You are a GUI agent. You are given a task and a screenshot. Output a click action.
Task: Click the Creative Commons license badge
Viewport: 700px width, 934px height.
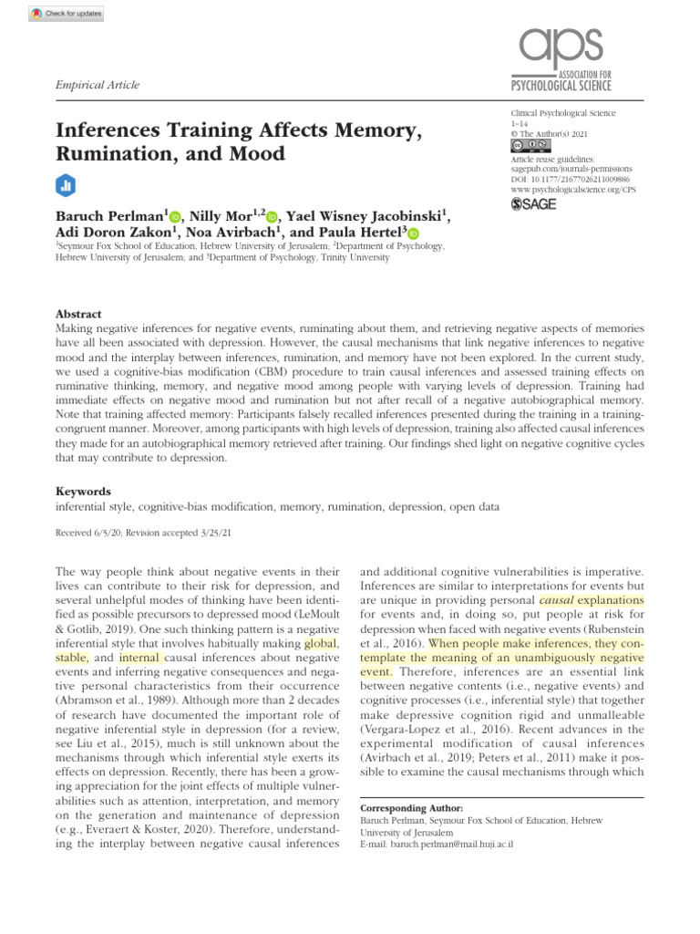coord(530,145)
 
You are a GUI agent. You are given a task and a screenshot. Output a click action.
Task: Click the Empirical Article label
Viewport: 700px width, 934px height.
coord(98,86)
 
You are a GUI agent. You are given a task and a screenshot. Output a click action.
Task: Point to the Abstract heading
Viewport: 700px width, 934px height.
coord(78,312)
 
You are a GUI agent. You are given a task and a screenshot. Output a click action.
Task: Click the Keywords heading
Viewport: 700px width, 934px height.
coord(83,490)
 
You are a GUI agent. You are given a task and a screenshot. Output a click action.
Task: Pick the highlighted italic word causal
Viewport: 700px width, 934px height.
coord(556,601)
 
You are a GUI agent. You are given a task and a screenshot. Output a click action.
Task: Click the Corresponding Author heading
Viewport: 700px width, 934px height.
coord(412,808)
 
